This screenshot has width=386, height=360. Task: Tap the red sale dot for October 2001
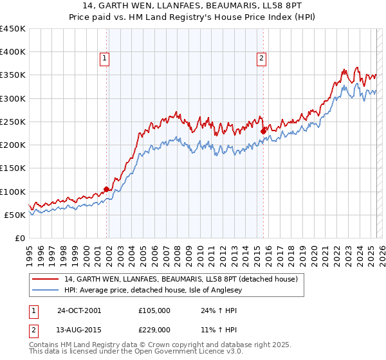pyautogui.click(x=107, y=189)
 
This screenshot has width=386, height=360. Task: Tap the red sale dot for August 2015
pyautogui.click(x=263, y=131)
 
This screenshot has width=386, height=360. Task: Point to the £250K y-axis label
pyautogui.click(x=13, y=122)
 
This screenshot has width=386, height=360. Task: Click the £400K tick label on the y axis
pyautogui.click(x=13, y=52)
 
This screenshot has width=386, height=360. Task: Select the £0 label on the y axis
pyautogui.click(x=20, y=238)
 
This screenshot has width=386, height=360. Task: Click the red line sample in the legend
pyautogui.click(x=46, y=280)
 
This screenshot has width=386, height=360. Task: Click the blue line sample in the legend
pyautogui.click(x=46, y=291)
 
